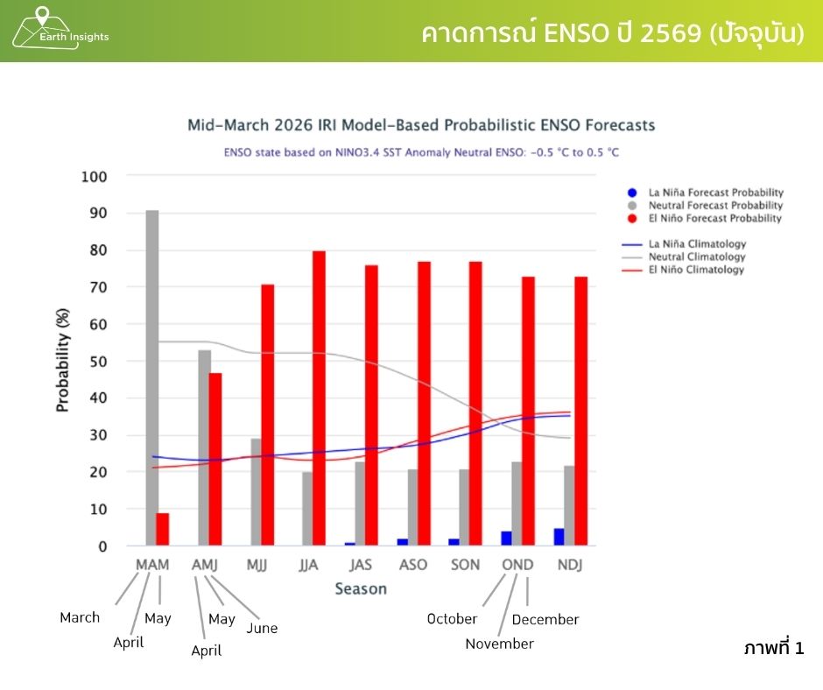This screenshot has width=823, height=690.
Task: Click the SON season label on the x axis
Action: pos(465,565)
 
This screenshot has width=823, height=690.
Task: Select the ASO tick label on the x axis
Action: pos(413,565)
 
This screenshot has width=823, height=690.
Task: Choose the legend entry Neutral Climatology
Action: pos(697,257)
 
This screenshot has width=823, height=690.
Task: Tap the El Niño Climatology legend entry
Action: pos(697,270)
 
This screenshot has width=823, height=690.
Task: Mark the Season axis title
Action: pos(361,588)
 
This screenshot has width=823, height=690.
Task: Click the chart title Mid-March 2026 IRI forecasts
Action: pos(421,125)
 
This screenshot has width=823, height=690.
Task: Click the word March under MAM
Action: pos(80,617)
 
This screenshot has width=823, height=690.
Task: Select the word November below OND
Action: pos(499,644)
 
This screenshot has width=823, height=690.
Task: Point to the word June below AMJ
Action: pos(262,628)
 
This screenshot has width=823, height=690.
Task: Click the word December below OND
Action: pos(545,619)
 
